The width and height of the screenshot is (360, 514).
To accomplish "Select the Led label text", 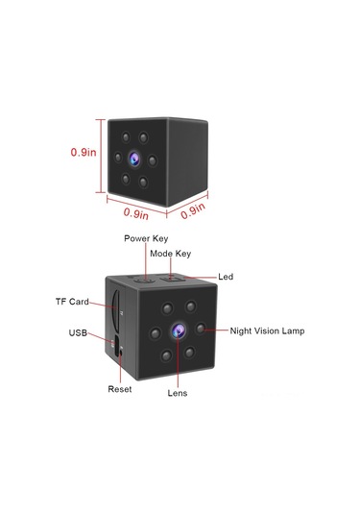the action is coord(226,277).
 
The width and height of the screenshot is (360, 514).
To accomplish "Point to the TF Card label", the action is coord(72,302).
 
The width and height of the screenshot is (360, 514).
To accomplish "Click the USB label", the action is coord(79,333).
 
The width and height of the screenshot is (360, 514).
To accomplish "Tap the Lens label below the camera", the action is coord(178,393).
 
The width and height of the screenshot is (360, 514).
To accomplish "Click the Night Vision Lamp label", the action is coord(267,330).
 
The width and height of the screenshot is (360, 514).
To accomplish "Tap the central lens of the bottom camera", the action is coord(178,330).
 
